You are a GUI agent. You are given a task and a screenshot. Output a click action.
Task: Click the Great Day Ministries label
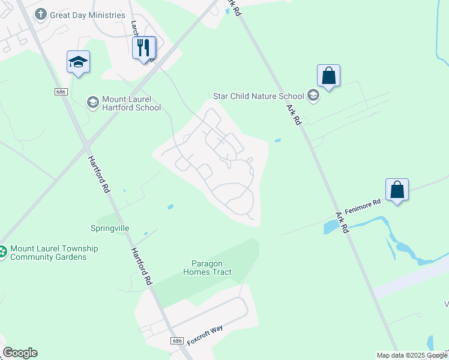click(x=88, y=15)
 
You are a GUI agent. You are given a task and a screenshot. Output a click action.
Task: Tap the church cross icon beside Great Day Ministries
click(x=41, y=14)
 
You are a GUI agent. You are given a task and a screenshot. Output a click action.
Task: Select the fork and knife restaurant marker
click(x=144, y=47)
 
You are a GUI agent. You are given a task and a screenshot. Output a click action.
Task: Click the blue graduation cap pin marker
click(x=78, y=62)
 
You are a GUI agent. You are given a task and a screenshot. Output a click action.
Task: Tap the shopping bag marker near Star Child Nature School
click(x=328, y=76)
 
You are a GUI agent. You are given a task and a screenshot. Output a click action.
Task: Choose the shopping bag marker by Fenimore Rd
click(x=397, y=190)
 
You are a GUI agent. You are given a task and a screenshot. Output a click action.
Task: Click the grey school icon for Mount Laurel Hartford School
click(x=93, y=103)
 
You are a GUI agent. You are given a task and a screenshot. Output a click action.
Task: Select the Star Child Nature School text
click(x=259, y=95)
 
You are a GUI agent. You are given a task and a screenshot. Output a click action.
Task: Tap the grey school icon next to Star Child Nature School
click(x=313, y=95)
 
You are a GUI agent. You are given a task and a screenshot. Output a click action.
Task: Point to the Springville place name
click(x=110, y=228)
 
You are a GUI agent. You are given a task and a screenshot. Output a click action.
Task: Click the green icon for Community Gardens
click(x=2, y=253)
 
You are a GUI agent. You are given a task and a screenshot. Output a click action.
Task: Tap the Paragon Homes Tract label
click(x=207, y=268)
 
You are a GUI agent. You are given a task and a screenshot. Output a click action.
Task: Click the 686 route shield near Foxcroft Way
click(x=176, y=341)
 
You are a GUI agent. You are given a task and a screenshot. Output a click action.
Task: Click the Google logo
click(x=20, y=353)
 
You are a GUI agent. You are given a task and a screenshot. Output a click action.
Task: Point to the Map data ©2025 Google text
click(x=412, y=355)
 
